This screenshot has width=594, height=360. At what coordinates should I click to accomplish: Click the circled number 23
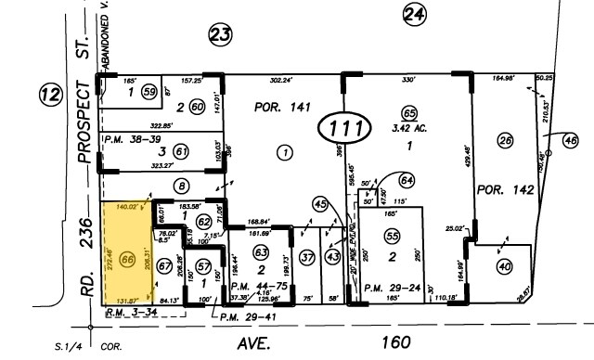pos(219,35)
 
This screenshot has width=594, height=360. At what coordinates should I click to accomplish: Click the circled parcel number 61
pos(182,152)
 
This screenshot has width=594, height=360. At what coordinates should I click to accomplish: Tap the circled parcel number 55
pos(393,238)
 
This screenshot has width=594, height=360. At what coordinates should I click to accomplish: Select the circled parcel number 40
pos(504,266)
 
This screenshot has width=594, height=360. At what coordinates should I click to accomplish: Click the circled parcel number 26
pos(505,141)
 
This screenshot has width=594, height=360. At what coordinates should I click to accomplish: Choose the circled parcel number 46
pos(570,140)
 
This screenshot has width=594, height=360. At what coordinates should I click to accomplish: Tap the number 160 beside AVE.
pos(395,341)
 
